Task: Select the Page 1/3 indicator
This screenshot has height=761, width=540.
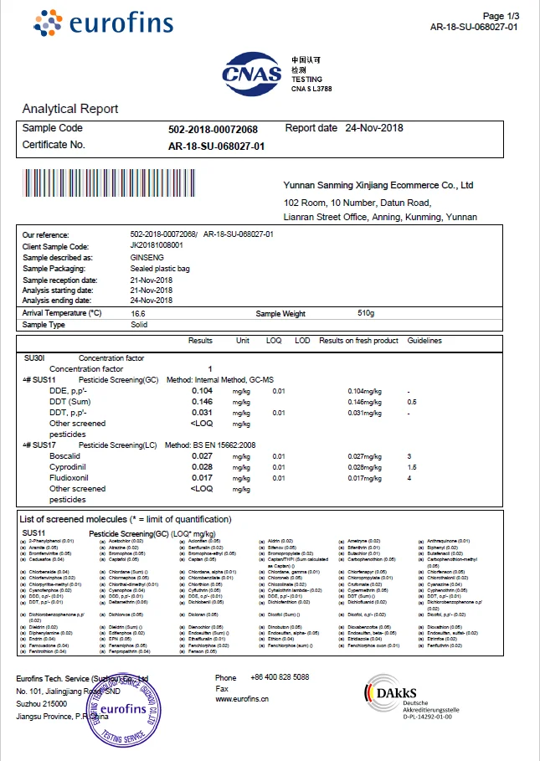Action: point(501,16)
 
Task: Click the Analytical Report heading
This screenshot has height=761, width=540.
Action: point(70,109)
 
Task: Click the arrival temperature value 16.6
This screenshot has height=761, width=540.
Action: point(138,312)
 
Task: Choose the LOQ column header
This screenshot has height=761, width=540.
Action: point(274,341)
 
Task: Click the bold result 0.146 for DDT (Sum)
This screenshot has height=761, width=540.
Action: point(202,402)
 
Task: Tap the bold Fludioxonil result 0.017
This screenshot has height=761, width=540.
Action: point(202,478)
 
